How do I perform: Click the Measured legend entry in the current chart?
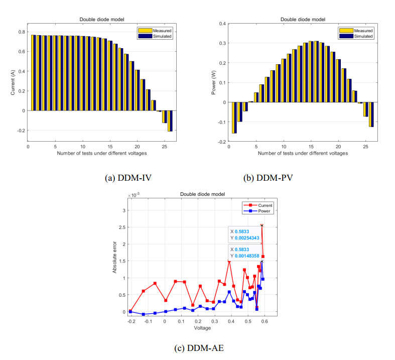155,31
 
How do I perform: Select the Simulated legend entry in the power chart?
356,36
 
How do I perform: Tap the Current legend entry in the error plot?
258,205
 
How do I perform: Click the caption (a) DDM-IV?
128,178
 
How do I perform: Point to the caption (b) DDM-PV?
268,178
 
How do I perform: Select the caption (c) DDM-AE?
199,348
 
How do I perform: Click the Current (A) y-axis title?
13,83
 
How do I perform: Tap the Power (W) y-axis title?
214,82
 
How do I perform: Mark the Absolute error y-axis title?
114,257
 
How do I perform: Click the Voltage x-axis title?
202,328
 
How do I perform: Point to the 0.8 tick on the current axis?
22,32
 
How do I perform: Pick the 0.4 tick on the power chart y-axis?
222,24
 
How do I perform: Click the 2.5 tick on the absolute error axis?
122,227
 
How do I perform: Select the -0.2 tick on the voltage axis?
131,321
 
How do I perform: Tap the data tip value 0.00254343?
247,238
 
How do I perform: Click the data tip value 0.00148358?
247,256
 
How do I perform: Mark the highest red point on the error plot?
261,225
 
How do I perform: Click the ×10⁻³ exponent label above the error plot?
134,195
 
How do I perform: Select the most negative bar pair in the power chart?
234,117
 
